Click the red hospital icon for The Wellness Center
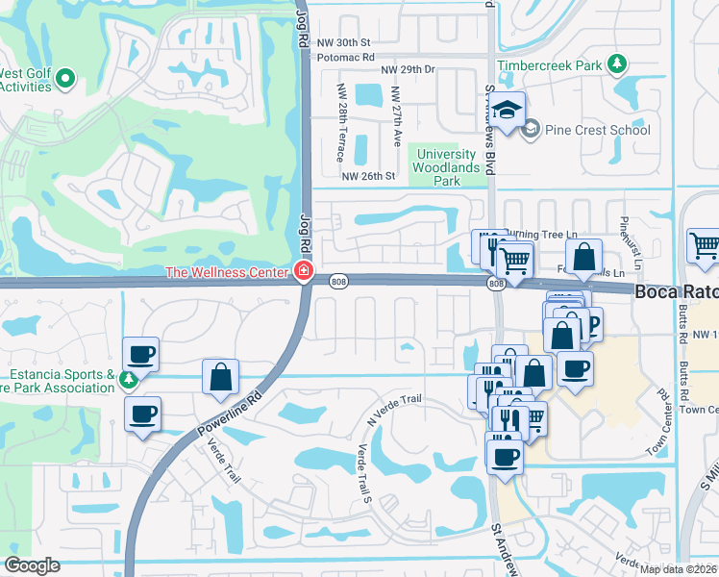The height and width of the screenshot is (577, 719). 304,272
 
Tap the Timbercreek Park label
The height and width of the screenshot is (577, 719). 549,64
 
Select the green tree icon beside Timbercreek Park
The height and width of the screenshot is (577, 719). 615,65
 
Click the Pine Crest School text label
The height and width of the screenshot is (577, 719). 596,130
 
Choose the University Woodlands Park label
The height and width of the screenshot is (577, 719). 444,167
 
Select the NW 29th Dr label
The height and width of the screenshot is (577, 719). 408,70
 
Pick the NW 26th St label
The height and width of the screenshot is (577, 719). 369,176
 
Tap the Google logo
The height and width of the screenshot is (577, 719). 32,565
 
